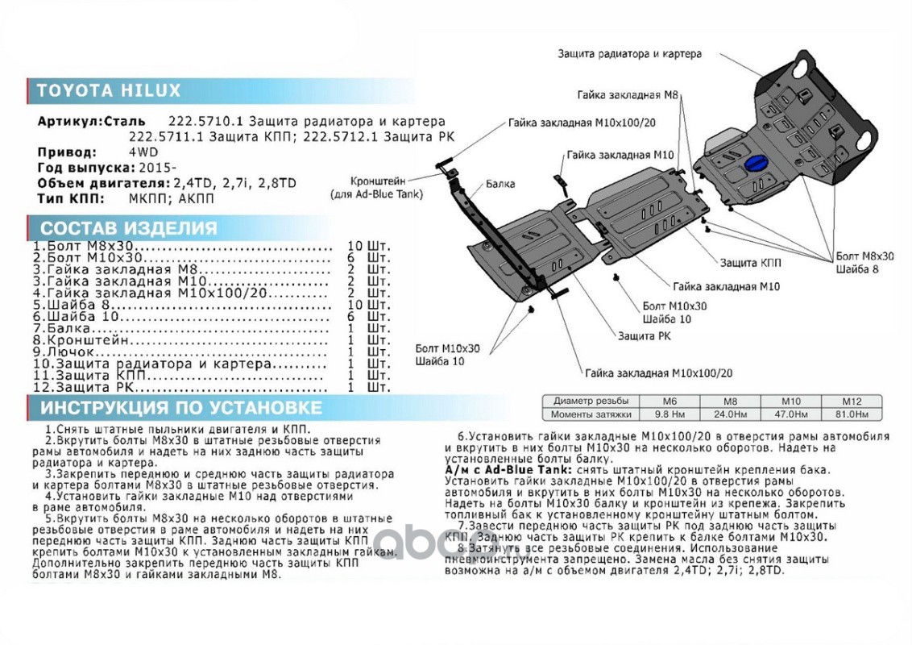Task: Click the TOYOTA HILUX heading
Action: [x=108, y=90]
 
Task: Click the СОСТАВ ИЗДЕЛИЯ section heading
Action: [x=128, y=228]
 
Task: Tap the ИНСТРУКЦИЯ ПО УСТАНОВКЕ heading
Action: [x=181, y=408]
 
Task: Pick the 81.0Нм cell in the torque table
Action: [x=852, y=414]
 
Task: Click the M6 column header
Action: [x=669, y=401]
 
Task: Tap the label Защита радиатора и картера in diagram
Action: [x=629, y=54]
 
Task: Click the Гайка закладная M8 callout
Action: [x=628, y=94]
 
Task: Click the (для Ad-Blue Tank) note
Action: [x=377, y=194]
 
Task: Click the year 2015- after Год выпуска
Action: [x=157, y=167]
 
